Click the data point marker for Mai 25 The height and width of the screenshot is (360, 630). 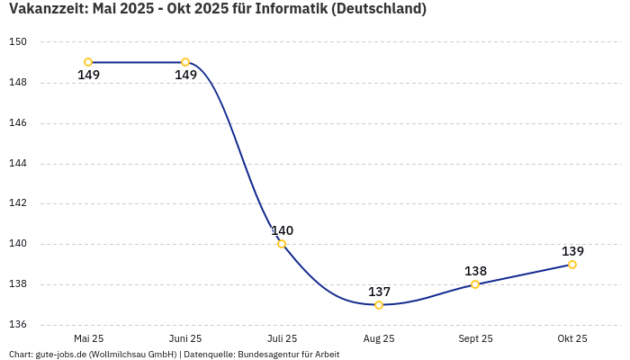pos(88,62)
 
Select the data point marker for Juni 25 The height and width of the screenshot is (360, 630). pos(185,62)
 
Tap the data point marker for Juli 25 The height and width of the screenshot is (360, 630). pos(282,244)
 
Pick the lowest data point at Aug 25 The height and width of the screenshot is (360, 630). pos(379,305)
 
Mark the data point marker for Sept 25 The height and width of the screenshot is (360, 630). pos(475,284)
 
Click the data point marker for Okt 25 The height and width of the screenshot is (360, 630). pos(572,265)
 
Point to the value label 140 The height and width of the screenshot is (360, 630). pos(283,230)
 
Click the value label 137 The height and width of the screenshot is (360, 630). pos(379,292)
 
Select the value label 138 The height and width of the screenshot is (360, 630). pos(475,271)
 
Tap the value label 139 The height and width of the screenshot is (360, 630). pos(572,251)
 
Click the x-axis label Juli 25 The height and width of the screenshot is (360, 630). pos(282,338)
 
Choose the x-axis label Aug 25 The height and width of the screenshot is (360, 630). pos(379,338)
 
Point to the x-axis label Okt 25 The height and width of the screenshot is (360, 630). pos(572,338)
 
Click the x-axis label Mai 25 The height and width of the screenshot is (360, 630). pos(88,338)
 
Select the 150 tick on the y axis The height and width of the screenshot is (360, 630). pos(19,42)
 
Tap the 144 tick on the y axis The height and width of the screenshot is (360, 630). pos(19,164)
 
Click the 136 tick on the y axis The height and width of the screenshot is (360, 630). pos(19,325)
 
